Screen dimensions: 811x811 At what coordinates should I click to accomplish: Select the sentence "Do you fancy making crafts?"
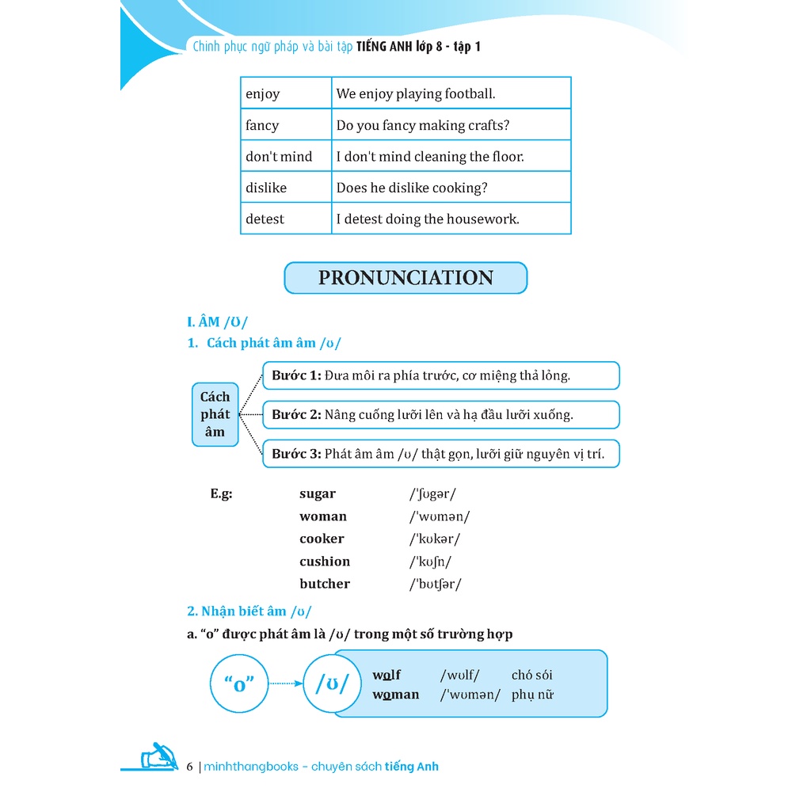(x=423, y=125)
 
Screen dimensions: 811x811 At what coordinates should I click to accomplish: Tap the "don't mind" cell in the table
(x=279, y=157)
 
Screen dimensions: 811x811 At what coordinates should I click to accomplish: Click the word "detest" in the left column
(x=265, y=219)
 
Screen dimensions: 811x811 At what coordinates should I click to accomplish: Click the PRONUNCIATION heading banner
(x=405, y=278)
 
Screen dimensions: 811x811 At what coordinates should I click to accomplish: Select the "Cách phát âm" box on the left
(x=215, y=414)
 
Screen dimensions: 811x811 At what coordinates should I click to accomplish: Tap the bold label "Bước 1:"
(x=296, y=375)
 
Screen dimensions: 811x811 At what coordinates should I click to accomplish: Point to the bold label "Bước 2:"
(x=296, y=414)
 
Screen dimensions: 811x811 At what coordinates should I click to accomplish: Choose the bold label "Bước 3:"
(x=296, y=454)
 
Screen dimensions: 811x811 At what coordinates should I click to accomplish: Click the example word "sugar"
(x=318, y=494)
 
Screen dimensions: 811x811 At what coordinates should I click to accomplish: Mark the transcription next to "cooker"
(x=435, y=539)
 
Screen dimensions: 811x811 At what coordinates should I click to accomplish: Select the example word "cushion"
(x=325, y=562)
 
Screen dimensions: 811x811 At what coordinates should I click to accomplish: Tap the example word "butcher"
(x=325, y=584)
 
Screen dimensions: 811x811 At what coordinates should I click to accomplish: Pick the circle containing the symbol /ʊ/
(x=332, y=683)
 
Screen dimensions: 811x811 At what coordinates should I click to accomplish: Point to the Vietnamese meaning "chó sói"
(x=532, y=676)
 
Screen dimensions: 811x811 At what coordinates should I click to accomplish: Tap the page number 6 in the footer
(x=189, y=767)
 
